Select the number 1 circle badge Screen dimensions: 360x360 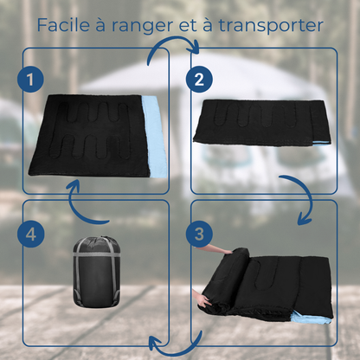[x=29, y=80]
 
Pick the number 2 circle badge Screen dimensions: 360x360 [x=199, y=80]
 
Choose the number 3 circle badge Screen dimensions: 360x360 [x=199, y=233]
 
